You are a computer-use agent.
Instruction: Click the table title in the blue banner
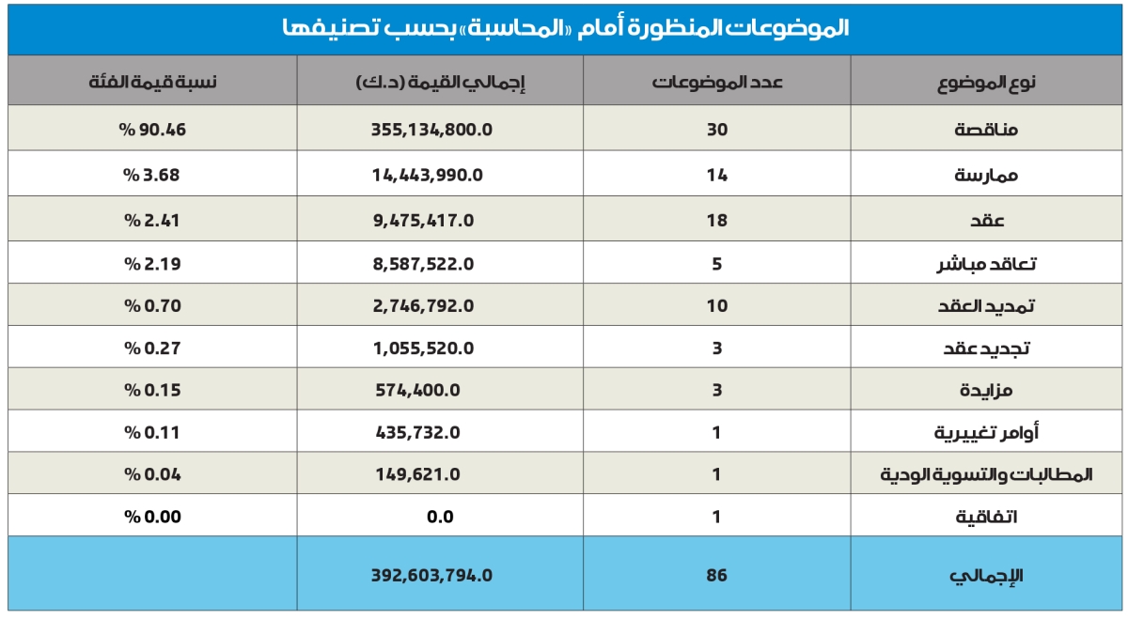point(564,28)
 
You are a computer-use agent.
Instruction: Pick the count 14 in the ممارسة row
point(717,175)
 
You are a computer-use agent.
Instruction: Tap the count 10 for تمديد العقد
point(717,306)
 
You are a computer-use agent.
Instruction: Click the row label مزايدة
point(986,390)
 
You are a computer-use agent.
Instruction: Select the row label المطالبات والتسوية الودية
point(986,474)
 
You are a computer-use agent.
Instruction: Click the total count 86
point(717,575)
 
